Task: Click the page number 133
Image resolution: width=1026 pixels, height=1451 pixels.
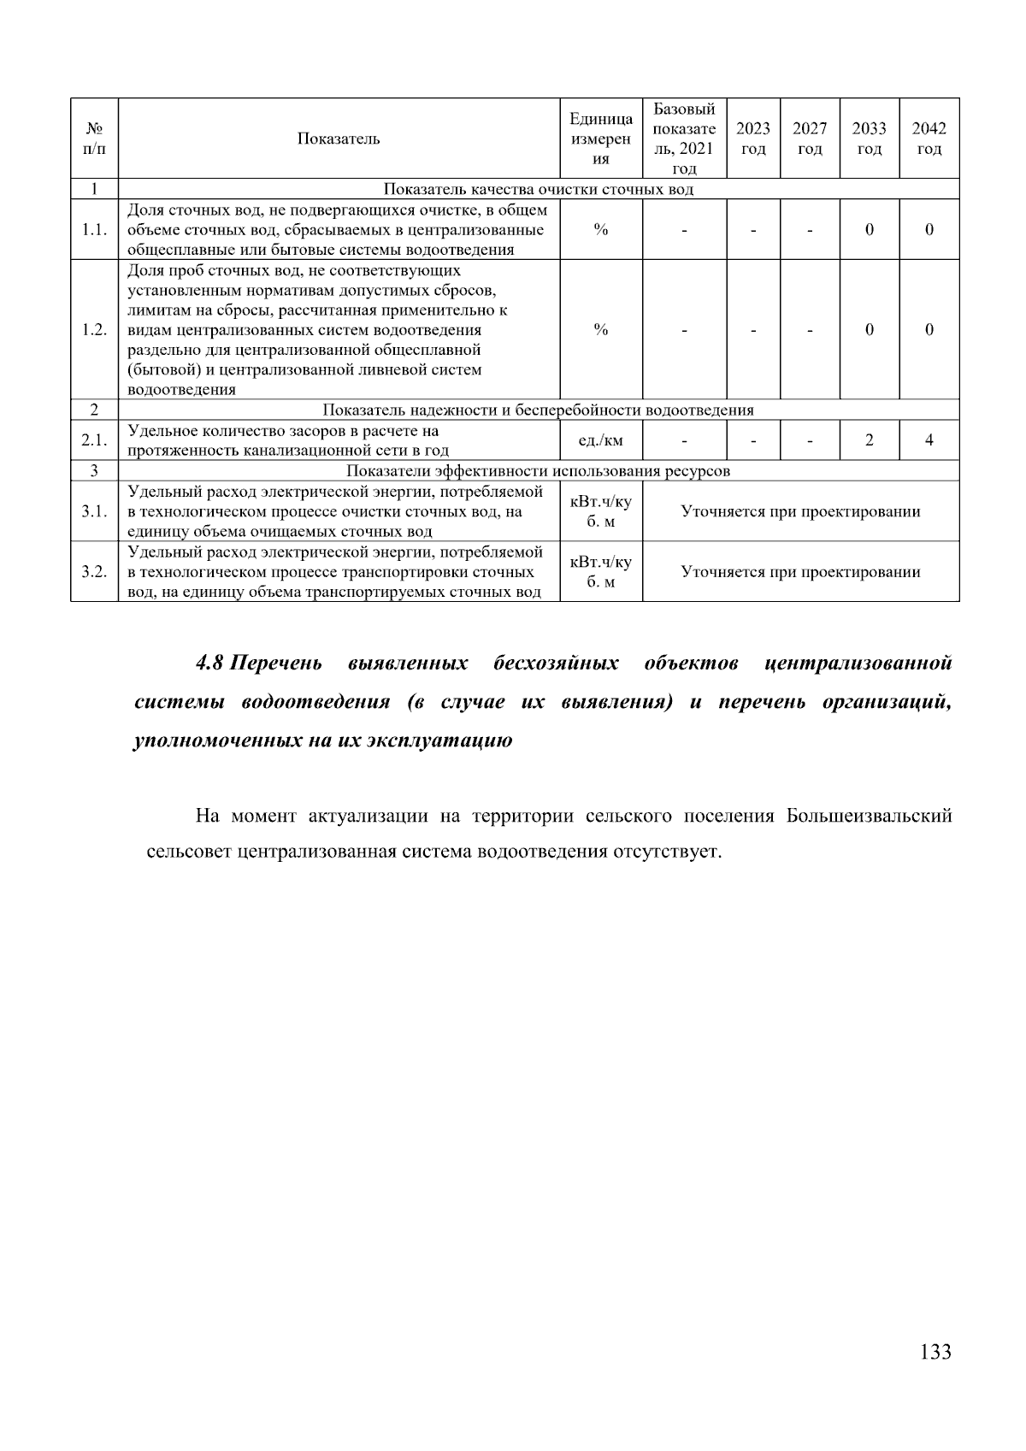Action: (x=935, y=1352)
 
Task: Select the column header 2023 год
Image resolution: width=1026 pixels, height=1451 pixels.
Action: (x=753, y=139)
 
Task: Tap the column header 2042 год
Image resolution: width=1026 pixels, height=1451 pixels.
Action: (x=929, y=139)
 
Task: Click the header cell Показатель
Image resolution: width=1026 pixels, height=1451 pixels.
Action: (x=339, y=139)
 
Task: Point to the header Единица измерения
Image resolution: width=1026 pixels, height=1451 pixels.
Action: (x=601, y=139)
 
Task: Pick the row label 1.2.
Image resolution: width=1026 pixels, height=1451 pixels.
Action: (x=94, y=330)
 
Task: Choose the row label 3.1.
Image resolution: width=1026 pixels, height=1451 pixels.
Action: (x=94, y=511)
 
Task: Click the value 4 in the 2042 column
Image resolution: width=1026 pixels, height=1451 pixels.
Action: (x=929, y=440)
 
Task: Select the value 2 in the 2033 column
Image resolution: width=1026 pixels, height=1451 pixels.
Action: (x=869, y=440)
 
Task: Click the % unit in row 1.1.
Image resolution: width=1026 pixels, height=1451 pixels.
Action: (x=601, y=229)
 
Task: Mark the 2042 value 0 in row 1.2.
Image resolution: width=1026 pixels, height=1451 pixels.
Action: (x=929, y=330)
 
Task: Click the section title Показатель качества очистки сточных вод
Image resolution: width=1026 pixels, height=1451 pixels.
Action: (x=538, y=189)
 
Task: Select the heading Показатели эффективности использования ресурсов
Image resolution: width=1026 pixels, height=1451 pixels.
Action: (x=538, y=471)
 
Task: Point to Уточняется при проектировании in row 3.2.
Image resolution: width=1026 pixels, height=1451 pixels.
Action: (x=800, y=572)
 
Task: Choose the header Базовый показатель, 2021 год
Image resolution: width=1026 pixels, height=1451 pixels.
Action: (x=684, y=139)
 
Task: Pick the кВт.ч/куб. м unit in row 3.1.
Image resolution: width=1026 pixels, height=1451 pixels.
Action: (x=601, y=511)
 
